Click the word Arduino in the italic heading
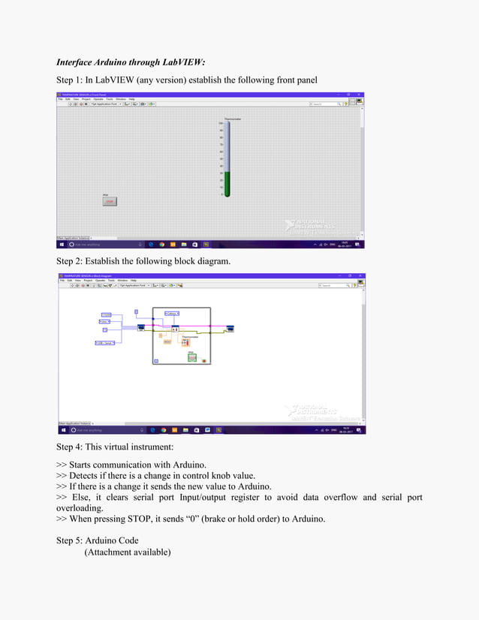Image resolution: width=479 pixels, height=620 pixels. (117, 62)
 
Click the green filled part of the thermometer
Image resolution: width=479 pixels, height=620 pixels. (227, 183)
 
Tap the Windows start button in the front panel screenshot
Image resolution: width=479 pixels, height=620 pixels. (62, 244)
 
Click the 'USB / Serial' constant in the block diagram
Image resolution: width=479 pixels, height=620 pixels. (104, 343)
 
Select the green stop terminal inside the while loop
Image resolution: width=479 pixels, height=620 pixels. (192, 357)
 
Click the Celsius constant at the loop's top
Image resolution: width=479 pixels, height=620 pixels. (172, 313)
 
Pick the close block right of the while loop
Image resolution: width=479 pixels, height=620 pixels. (230, 328)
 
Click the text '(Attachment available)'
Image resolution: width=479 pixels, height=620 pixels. (128, 552)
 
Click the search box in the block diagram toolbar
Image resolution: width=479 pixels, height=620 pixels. (335, 286)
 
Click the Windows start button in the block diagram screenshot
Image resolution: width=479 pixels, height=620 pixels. (62, 430)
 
